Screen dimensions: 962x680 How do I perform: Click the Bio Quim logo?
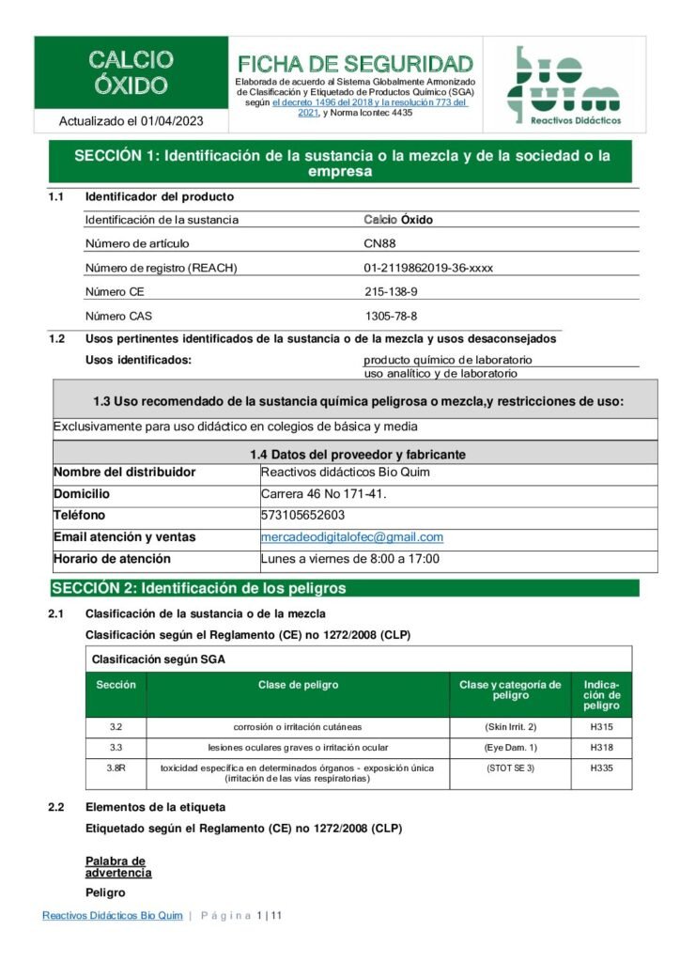coord(564,85)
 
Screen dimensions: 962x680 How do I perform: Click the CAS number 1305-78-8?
coord(391,316)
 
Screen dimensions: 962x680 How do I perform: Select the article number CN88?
coord(379,243)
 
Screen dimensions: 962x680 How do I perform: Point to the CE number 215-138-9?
coord(391,291)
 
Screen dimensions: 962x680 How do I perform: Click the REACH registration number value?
coord(428,268)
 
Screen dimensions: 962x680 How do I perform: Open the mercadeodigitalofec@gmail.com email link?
coord(351,537)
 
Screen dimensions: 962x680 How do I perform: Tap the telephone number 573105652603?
coord(302,515)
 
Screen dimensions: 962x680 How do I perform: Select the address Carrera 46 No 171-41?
coord(323,493)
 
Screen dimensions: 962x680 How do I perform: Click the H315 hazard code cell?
coord(601,727)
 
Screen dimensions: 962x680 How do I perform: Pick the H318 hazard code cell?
coord(601,748)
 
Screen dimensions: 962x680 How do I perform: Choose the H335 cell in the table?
coord(601,768)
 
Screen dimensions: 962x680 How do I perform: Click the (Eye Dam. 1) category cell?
coord(510,748)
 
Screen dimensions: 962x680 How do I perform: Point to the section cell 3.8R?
coord(116,768)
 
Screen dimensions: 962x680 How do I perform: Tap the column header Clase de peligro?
coord(298,685)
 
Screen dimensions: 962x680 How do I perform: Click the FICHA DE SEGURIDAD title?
coord(355,64)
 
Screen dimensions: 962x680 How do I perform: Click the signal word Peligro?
coord(105,892)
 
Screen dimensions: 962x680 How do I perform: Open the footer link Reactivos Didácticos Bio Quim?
coord(112,916)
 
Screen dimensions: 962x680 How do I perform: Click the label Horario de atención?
coord(112,559)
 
